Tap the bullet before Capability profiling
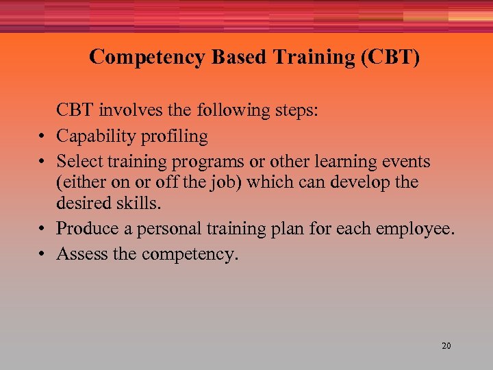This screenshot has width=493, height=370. tap(42, 137)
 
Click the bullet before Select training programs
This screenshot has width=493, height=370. tap(42, 162)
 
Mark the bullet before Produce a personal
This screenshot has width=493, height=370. tap(42, 229)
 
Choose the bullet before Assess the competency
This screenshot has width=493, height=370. tap(42, 254)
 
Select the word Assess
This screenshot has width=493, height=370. tap(81, 254)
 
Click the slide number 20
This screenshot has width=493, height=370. tap(446, 346)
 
